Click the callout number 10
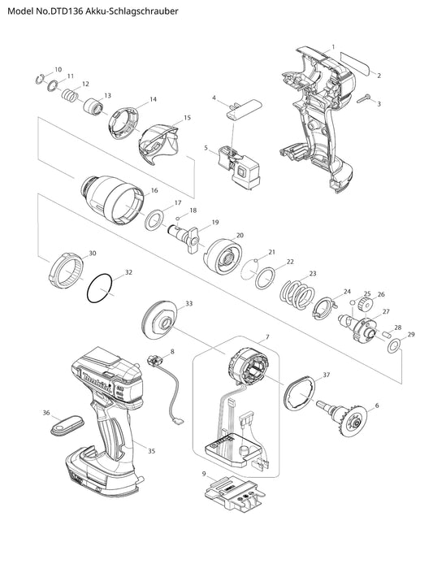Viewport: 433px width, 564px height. [58, 69]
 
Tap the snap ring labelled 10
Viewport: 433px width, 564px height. [40, 79]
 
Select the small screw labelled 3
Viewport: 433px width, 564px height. [364, 99]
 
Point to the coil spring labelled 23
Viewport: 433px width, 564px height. [297, 294]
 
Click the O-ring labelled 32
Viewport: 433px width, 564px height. [100, 289]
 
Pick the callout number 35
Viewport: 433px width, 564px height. [151, 451]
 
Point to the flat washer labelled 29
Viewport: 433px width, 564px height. [394, 345]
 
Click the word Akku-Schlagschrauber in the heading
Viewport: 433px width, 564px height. [132, 11]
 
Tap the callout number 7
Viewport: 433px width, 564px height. [267, 337]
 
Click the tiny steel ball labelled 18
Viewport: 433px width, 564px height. [178, 219]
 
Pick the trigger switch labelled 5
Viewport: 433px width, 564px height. [239, 167]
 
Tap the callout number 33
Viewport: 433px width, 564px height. [188, 304]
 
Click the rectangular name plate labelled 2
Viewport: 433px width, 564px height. [356, 63]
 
